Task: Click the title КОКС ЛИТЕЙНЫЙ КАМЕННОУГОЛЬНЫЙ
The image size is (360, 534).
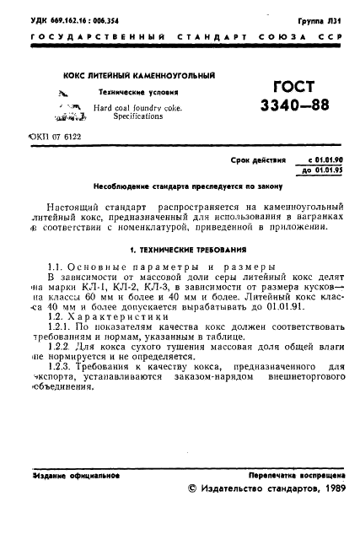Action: coord(139,76)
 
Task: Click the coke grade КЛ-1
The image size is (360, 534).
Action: coord(87,286)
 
